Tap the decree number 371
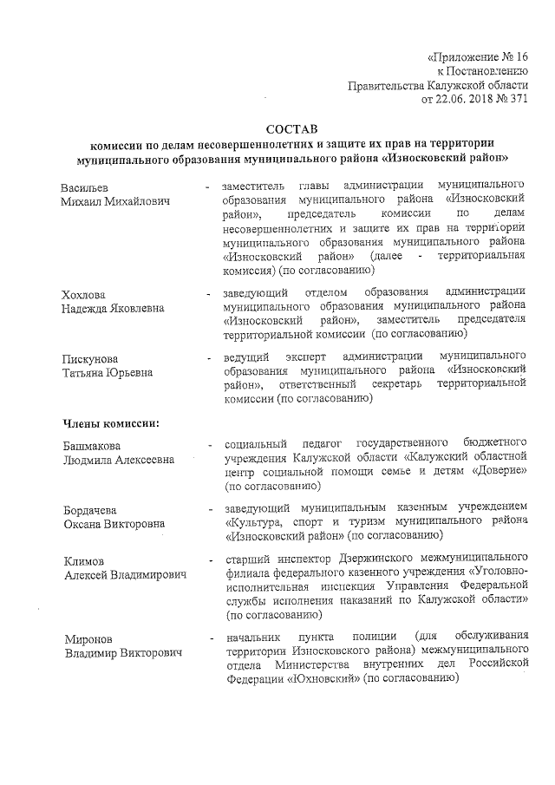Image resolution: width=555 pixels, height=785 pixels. click(517, 100)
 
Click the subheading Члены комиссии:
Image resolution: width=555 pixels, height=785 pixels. click(109, 423)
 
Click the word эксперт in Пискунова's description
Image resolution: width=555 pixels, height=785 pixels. click(308, 357)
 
